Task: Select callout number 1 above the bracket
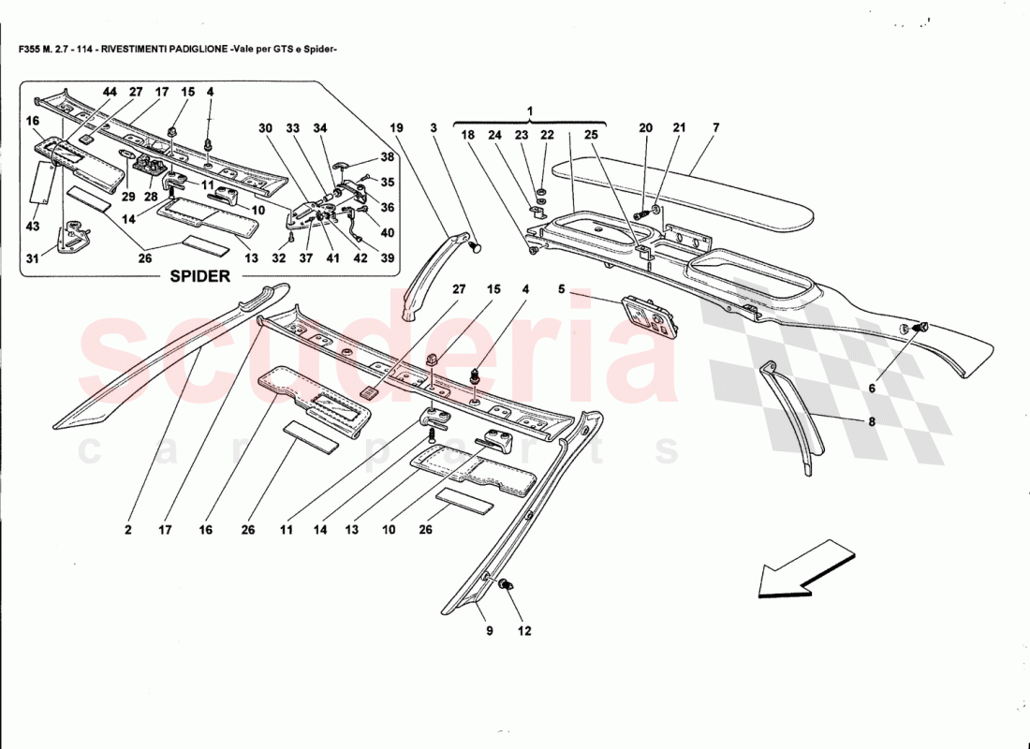[529, 111]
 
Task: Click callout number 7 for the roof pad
[715, 127]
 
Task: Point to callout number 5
[561, 290]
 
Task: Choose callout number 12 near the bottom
[524, 630]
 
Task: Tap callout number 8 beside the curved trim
[871, 422]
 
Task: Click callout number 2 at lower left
[127, 530]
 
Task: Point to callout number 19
[397, 127]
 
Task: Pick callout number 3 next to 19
[434, 127]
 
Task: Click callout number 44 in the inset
[110, 92]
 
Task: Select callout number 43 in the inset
[33, 228]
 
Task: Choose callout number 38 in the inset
[388, 157]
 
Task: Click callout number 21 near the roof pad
[679, 127]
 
